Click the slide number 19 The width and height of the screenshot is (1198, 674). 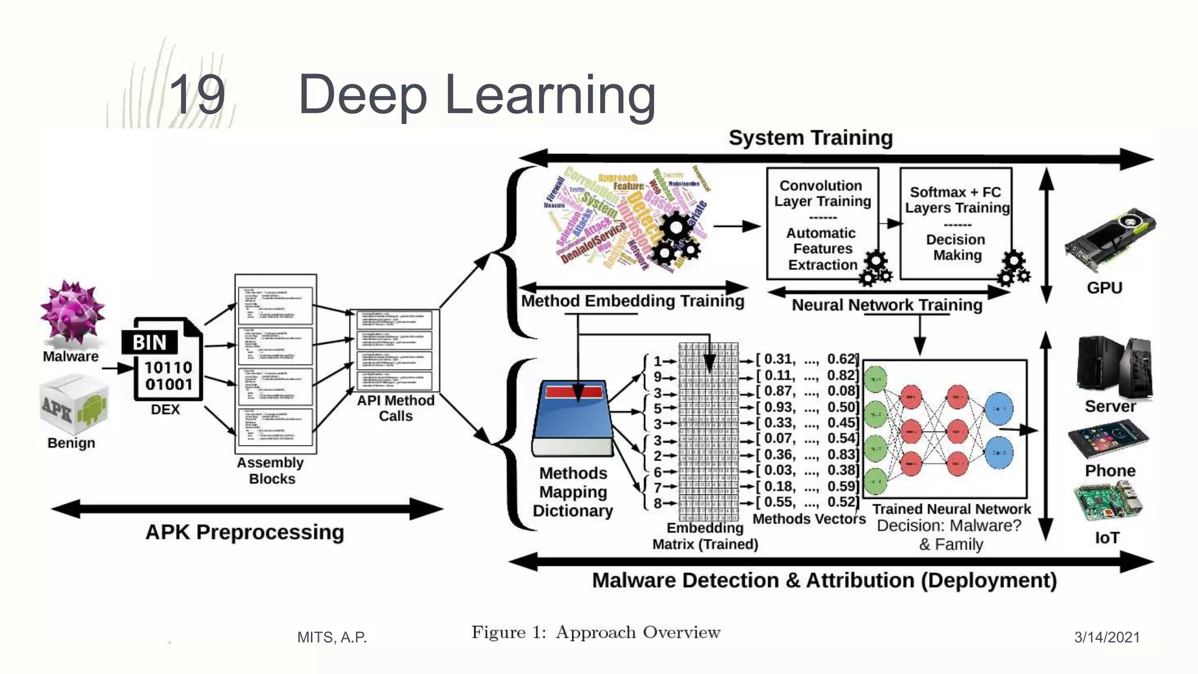(197, 95)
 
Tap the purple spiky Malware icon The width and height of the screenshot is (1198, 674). (73, 312)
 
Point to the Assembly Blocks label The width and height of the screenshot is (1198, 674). (271, 470)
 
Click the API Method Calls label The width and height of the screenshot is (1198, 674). (395, 408)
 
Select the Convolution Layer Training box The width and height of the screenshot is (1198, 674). (822, 224)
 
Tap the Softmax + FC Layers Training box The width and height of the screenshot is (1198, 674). (956, 223)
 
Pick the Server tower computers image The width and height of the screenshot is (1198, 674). (1114, 367)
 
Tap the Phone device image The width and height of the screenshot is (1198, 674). (1107, 438)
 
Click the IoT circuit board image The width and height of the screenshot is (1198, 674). (1107, 502)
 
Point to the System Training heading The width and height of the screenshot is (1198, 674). (810, 138)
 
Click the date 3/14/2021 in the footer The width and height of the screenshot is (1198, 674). (1107, 637)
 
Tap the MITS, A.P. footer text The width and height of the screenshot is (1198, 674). (332, 637)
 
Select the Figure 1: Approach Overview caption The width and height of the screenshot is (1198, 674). (595, 632)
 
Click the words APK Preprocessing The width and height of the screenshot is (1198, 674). (245, 532)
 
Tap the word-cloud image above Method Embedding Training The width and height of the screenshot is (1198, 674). (626, 219)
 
